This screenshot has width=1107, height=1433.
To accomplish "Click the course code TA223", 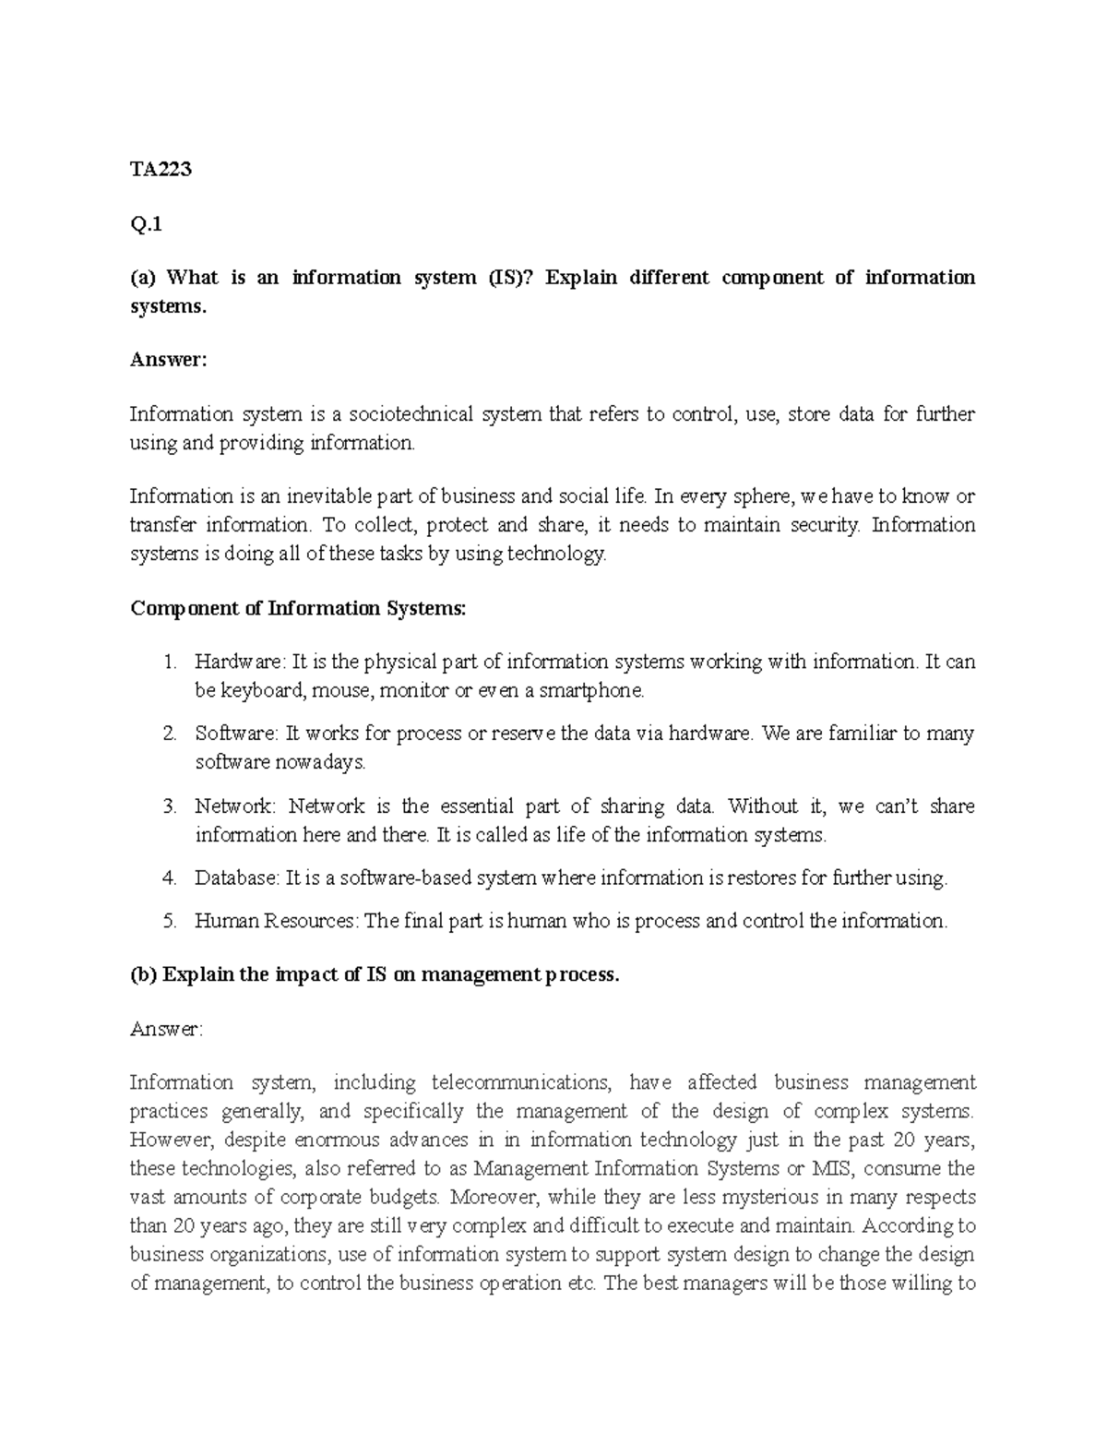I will pyautogui.click(x=161, y=169).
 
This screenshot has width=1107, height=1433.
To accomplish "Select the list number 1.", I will pyautogui.click(x=169, y=662).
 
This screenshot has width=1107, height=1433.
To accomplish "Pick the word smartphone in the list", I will pyautogui.click(x=591, y=690).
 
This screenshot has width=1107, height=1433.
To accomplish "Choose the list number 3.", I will pyautogui.click(x=169, y=806).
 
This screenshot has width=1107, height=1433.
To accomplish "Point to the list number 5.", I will pyautogui.click(x=169, y=921).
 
